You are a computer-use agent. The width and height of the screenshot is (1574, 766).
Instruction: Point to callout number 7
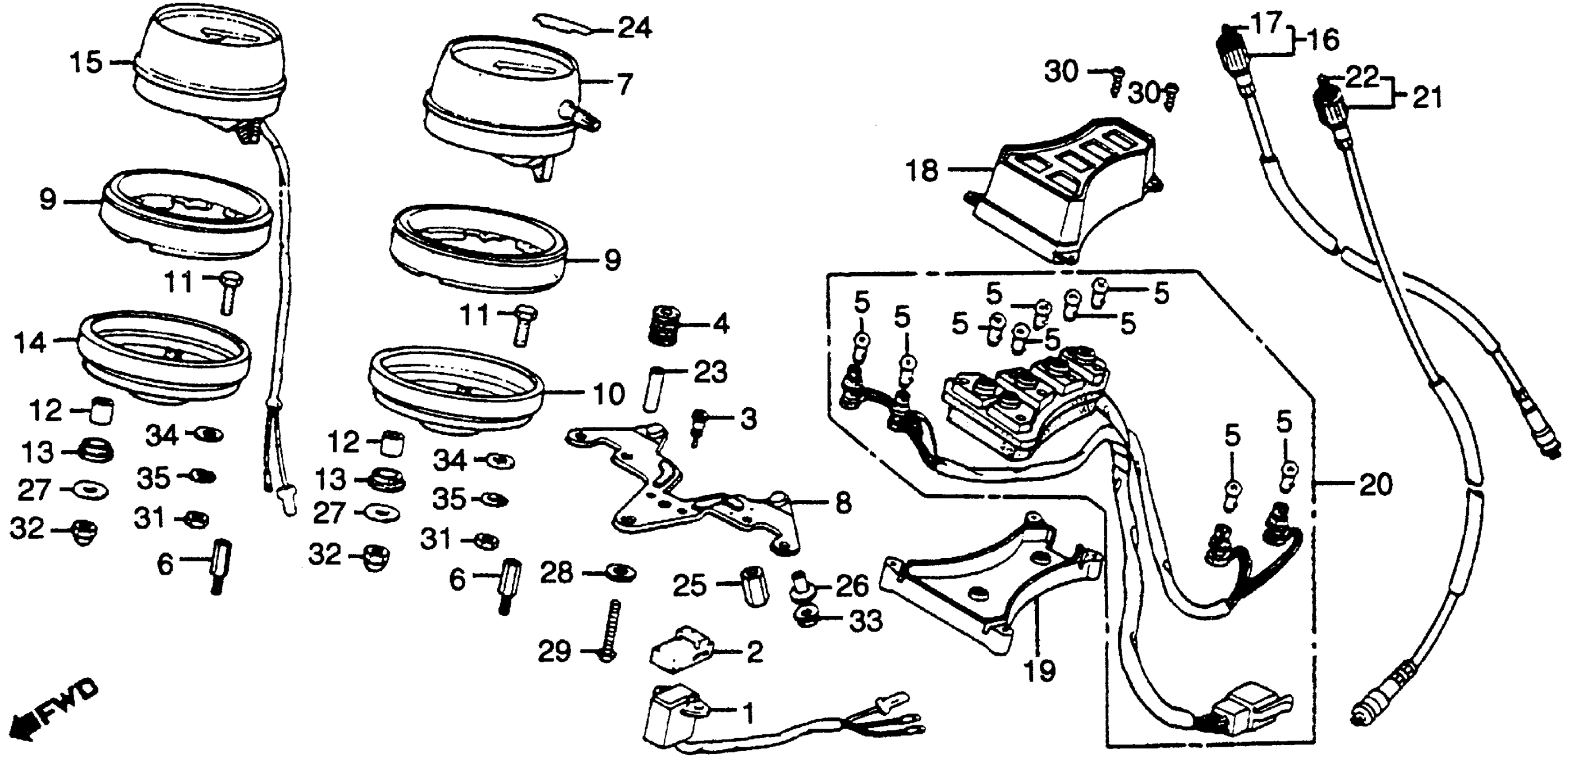coord(623,85)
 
